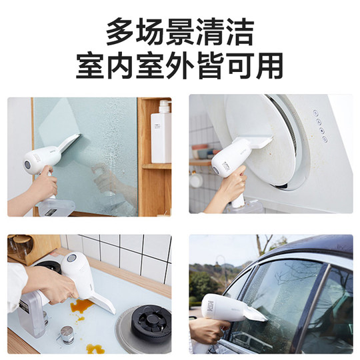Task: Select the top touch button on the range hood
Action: click(x=315, y=113)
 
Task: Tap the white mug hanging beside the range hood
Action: click(x=195, y=179)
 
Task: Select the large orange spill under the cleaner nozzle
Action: click(x=81, y=306)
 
